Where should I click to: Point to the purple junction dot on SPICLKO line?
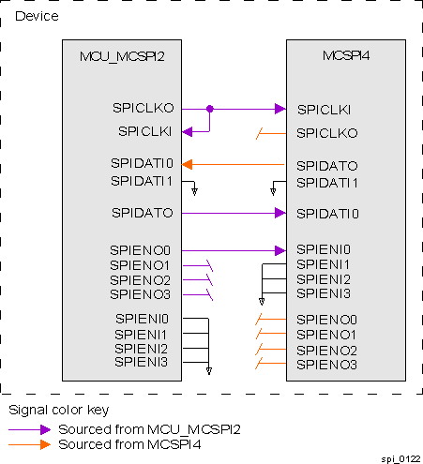pyautogui.click(x=209, y=109)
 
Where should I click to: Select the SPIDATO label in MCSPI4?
pyautogui.click(x=326, y=165)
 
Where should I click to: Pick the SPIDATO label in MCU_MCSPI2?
pyautogui.click(x=141, y=213)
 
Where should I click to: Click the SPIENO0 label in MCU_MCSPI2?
pyautogui.click(x=140, y=250)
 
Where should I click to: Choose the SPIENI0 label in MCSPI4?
pyautogui.click(x=324, y=249)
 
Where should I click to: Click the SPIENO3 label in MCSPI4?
pyautogui.click(x=326, y=364)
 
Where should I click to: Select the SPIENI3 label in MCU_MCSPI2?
pyautogui.click(x=141, y=362)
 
